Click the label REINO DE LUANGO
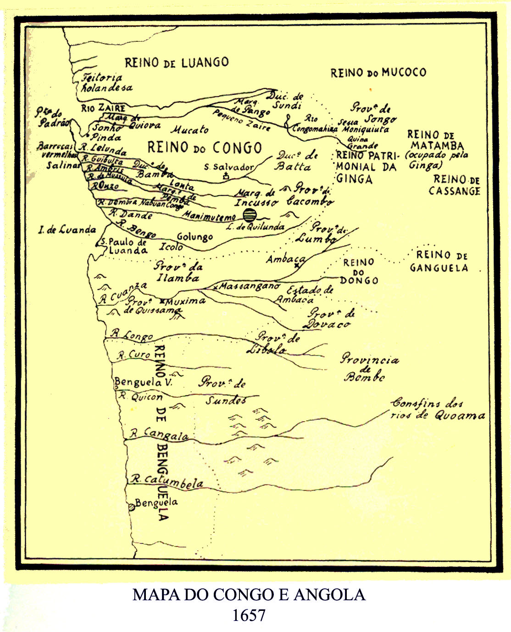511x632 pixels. pos(177,62)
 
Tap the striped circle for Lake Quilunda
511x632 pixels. pos(249,214)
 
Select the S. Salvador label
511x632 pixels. pos(228,167)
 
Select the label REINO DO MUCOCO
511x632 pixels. pos(378,73)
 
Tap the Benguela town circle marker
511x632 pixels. pos(132,507)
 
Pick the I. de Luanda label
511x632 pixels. pos(67,230)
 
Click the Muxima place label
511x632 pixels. pos(185,301)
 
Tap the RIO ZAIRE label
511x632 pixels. pos(104,108)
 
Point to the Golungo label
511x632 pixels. pos(194,237)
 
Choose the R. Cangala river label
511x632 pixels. pos(160,434)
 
